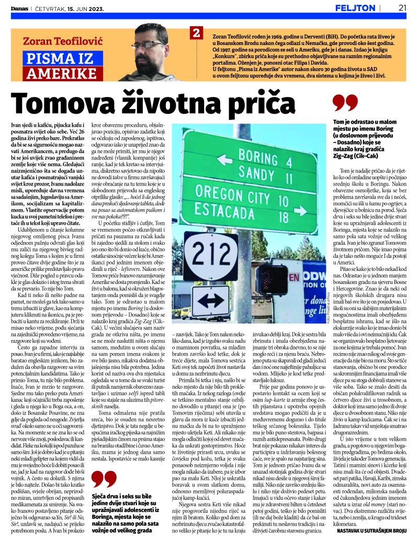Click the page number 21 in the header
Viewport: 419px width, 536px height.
click(x=402, y=7)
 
